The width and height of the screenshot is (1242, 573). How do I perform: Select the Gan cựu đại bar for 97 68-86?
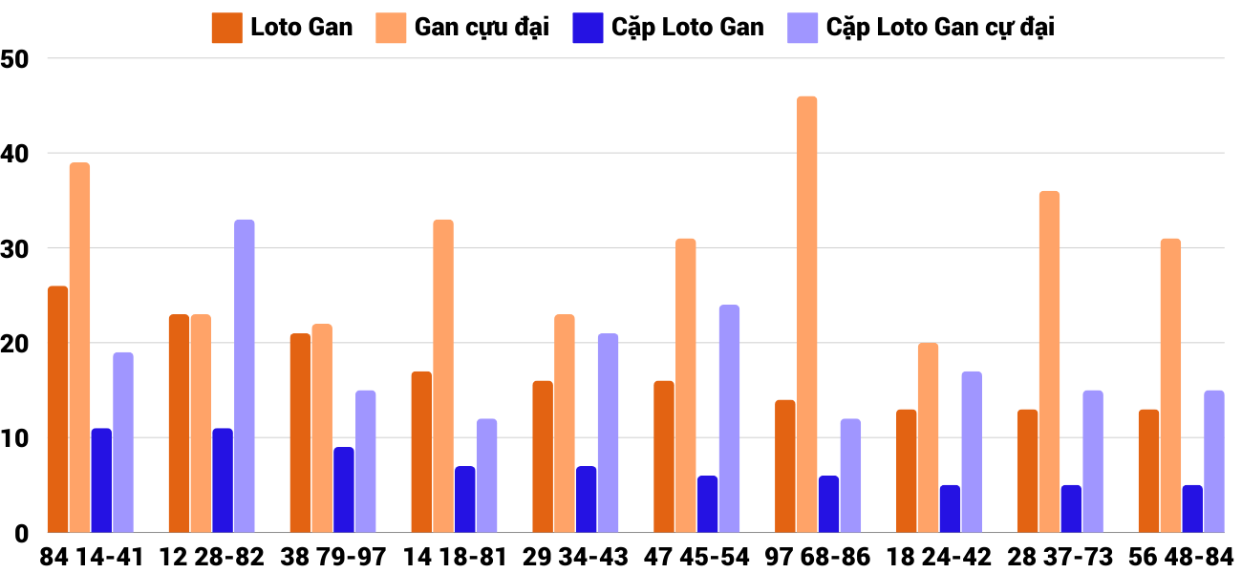pos(807,314)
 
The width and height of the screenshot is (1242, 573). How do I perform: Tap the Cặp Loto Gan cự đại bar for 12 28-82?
pos(245,376)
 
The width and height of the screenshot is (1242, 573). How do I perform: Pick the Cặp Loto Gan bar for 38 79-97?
pos(344,490)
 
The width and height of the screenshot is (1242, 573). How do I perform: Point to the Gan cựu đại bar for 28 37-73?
pos(1049,362)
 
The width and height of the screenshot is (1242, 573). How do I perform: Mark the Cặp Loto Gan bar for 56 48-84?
pos(1192,509)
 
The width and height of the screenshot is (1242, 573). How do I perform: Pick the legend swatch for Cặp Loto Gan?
pos(587,28)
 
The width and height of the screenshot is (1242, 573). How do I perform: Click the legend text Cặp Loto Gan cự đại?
pos(940,28)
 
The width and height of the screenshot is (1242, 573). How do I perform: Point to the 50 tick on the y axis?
pos(16,58)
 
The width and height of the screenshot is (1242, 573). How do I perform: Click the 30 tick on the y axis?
pos(16,248)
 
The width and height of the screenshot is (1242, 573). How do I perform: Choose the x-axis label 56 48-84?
pos(1182,557)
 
